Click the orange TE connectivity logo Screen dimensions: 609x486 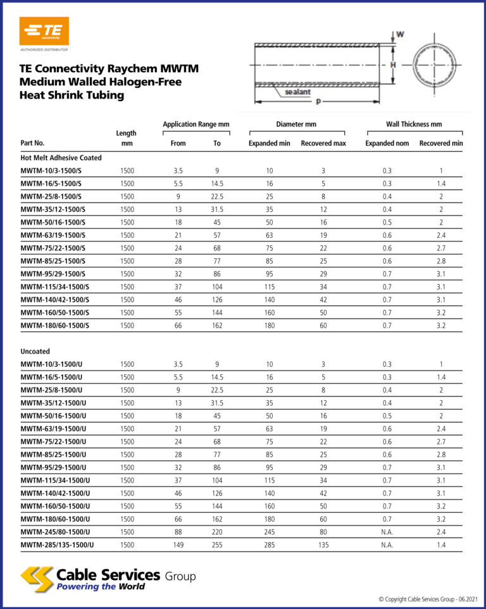[x=44, y=30]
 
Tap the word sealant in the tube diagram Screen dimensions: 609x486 [x=297, y=92]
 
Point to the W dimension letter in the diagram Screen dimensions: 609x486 [x=400, y=34]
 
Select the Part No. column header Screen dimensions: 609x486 [x=32, y=144]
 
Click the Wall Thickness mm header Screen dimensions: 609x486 [x=414, y=125]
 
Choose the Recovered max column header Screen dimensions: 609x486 [x=323, y=144]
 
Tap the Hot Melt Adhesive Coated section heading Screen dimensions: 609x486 [x=61, y=157]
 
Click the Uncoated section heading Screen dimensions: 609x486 [x=35, y=351]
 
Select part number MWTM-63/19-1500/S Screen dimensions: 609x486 [x=54, y=235]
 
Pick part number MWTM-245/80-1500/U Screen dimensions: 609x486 [x=55, y=532]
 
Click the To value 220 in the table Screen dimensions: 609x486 [x=217, y=532]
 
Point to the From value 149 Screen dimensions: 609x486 [x=178, y=544]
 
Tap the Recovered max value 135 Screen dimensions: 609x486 [x=323, y=544]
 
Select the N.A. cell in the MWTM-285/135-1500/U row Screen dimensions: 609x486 [x=387, y=544]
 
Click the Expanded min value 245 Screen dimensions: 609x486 [x=269, y=532]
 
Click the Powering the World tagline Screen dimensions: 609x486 [x=101, y=586]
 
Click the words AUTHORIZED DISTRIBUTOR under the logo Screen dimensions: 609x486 [x=44, y=49]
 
